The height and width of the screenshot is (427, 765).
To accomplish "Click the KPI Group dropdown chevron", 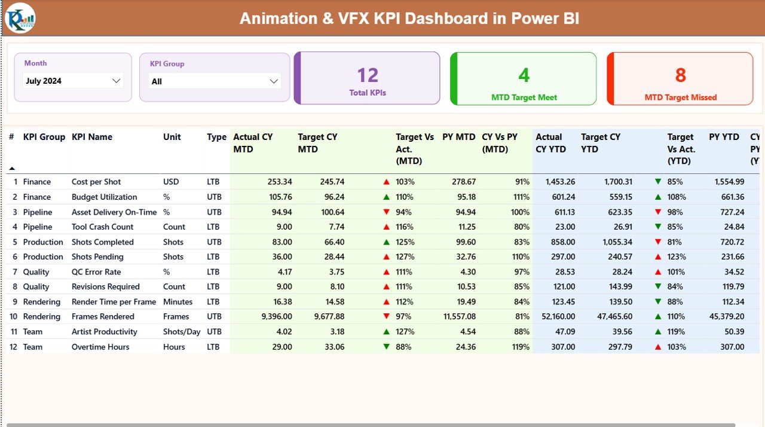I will point(274,81).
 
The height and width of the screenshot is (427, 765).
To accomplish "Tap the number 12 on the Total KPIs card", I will point(368,75).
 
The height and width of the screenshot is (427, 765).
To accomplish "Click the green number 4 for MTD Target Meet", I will point(524,75).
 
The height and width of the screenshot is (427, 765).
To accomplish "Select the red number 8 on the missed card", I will point(680,75).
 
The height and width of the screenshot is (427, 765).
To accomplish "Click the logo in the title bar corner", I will point(20,18).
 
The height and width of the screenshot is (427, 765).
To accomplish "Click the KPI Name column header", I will point(92,137).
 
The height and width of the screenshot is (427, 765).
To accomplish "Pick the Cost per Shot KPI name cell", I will point(96,182).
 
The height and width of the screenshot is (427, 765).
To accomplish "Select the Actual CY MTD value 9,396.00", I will point(272,317).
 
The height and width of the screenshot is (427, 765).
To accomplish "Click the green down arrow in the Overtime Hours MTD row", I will point(386,347).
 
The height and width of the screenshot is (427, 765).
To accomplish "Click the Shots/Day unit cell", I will point(182,332).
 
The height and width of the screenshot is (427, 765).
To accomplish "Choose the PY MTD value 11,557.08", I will point(456,317).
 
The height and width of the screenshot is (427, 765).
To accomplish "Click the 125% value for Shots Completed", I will point(405,242).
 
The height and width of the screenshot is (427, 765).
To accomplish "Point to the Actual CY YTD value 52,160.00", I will point(555,317).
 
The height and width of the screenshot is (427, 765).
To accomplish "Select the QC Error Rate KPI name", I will point(96,272).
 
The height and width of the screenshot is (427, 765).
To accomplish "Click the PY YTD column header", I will point(724,137).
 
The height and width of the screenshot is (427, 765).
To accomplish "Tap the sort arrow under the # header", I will point(12,169).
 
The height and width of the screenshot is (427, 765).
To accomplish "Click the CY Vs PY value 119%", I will point(520,347).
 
